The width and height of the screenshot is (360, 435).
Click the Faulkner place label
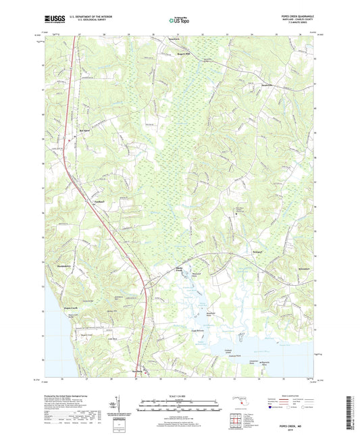click(x=99, y=200)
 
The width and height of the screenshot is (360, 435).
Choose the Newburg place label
click(x=138, y=371)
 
